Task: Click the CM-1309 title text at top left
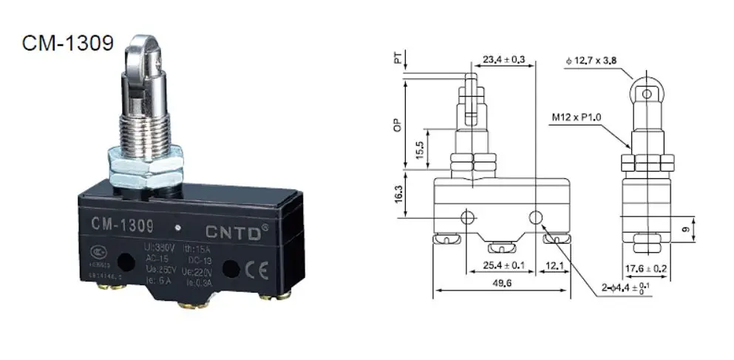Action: click(x=67, y=43)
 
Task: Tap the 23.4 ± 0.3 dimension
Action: click(x=509, y=59)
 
